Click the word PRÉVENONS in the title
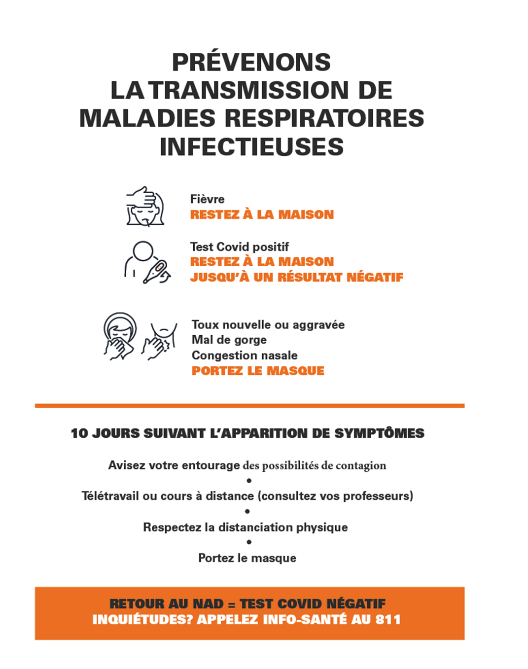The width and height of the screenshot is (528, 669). tap(251, 63)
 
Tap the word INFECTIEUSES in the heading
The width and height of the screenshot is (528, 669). tap(251, 147)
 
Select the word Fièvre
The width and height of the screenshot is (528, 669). tap(207, 199)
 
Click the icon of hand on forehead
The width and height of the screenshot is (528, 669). tap(145, 207)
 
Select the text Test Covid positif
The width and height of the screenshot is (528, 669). tap(239, 246)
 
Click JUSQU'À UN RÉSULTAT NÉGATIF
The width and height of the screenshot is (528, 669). tap(296, 277)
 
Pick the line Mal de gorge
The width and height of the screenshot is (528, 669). tap(229, 340)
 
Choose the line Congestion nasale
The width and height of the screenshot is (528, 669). tap(245, 355)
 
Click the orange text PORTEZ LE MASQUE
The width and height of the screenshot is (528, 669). tap(258, 371)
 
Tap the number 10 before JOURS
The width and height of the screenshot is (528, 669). tap(79, 433)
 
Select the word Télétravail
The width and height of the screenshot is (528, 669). tap(110, 496)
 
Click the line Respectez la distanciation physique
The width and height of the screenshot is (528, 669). tap(245, 527)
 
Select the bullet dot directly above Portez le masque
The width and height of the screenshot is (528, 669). tap(249, 542)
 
